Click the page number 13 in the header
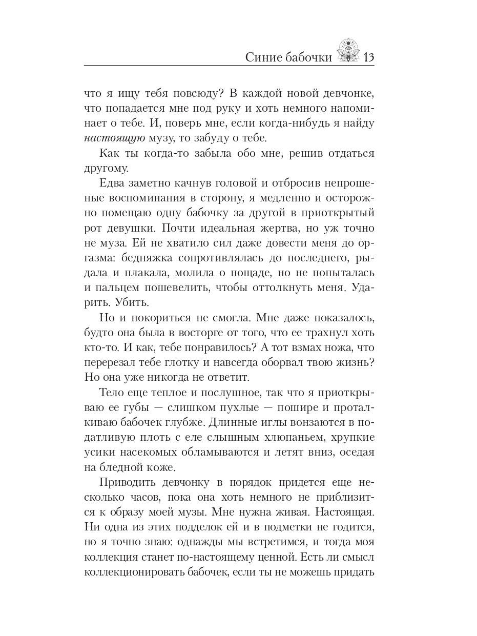[368, 56]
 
